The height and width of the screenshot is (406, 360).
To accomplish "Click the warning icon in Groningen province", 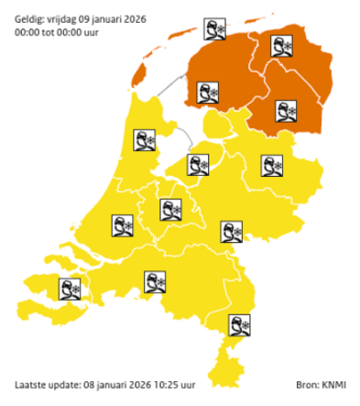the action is [x=282, y=48].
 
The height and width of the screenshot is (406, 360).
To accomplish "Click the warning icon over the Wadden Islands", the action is [x=214, y=29].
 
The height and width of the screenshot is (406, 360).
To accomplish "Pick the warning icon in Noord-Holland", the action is [x=146, y=140].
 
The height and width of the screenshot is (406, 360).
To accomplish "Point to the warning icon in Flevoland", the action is [x=197, y=165].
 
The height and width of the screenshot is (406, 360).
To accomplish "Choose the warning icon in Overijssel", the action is [x=272, y=165].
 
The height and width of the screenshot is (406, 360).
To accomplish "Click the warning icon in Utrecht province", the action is [x=171, y=210].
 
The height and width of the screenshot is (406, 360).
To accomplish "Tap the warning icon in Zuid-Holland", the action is [x=123, y=225].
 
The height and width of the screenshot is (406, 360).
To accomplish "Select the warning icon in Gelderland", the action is [x=231, y=231].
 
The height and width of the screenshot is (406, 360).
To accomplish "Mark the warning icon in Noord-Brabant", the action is [x=155, y=281].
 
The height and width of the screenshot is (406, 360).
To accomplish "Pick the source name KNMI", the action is [x=333, y=384].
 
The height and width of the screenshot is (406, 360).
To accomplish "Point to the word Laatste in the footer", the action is [x=32, y=384].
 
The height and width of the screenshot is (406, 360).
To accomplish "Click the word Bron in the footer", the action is [x=306, y=384].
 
